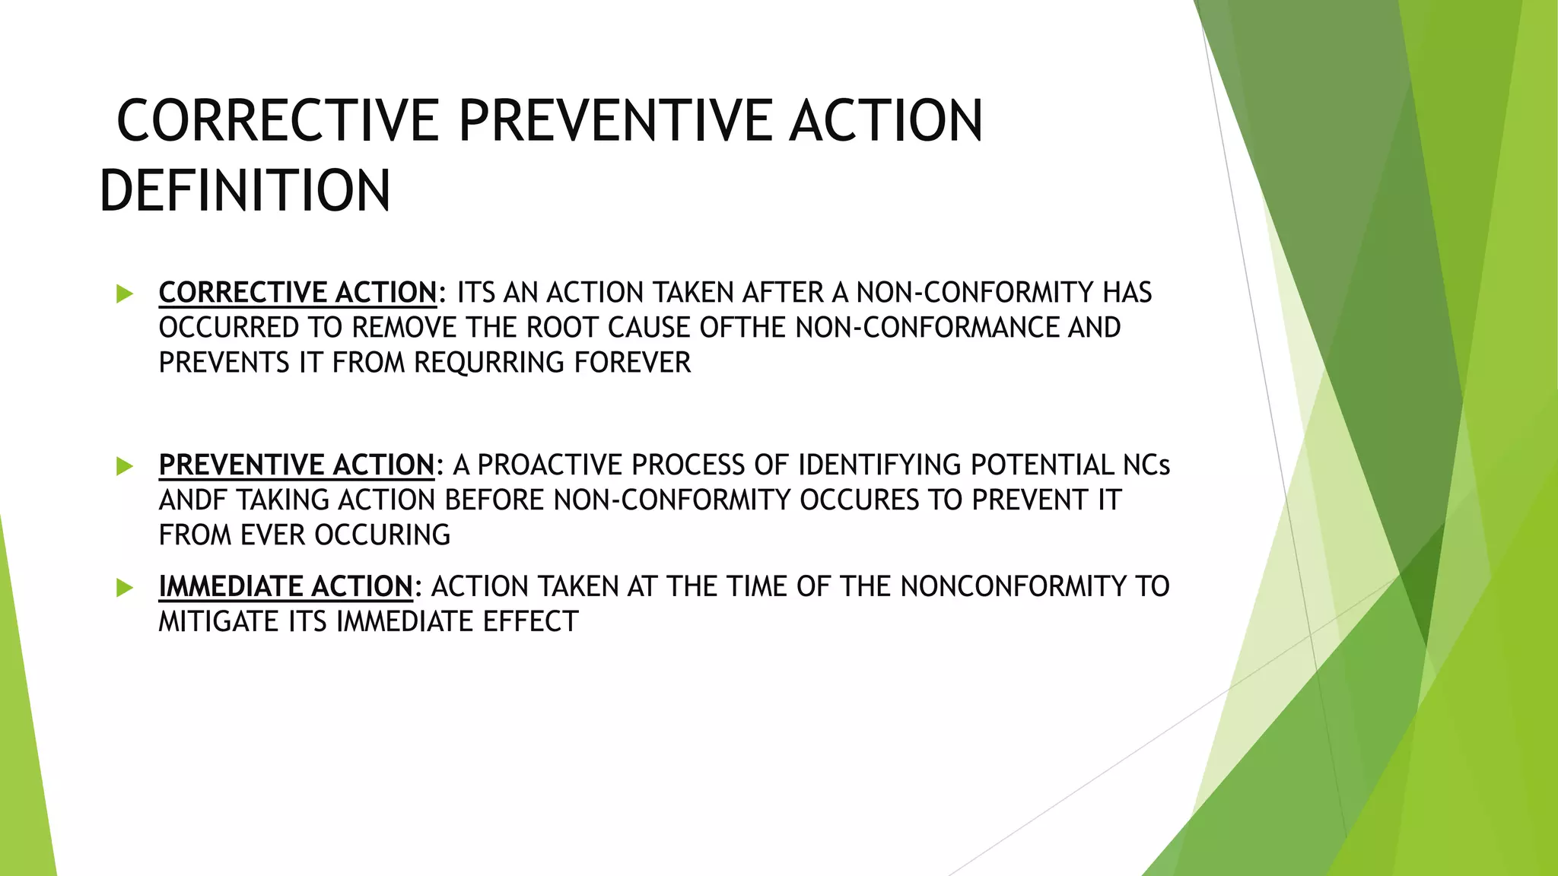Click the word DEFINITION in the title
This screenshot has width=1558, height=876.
[245, 190]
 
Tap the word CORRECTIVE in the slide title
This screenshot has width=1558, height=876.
[278, 121]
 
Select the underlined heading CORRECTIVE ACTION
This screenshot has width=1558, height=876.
[297, 293]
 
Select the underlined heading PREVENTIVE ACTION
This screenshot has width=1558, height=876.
[296, 465]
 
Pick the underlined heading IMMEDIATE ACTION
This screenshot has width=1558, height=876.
[285, 586]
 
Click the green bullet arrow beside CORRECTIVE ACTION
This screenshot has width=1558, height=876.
[125, 294]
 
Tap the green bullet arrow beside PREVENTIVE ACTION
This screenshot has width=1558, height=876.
[125, 465]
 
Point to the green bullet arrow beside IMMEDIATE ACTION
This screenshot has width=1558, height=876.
[125, 587]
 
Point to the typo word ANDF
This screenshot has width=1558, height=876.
[193, 500]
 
